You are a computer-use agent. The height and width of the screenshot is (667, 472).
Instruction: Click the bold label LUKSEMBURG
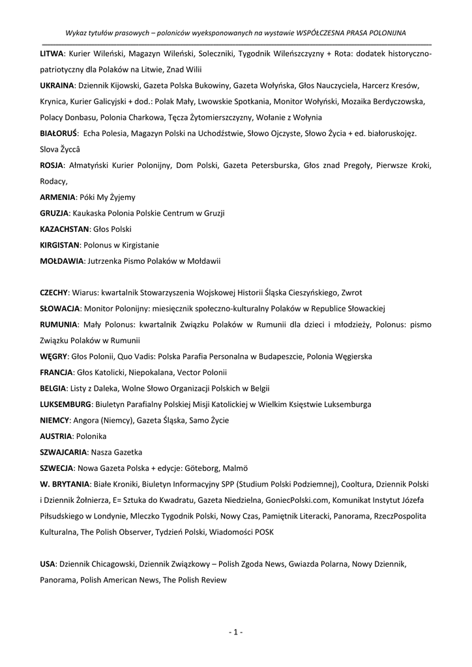[x=65, y=404]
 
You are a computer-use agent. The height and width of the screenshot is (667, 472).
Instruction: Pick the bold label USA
[x=48, y=563]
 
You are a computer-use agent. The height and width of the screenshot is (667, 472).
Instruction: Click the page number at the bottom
[x=236, y=631]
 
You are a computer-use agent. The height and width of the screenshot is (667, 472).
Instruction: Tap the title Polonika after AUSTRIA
[x=91, y=436]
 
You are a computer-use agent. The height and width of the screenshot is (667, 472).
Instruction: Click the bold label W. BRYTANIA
[x=63, y=485]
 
